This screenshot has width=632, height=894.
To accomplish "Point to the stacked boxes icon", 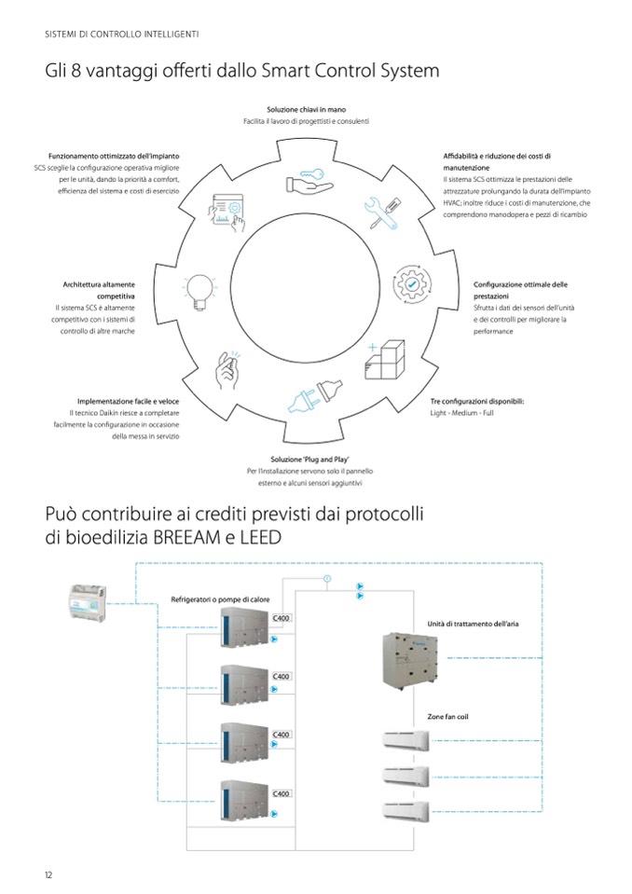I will coord(384,358).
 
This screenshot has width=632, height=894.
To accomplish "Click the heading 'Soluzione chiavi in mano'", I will coord(307,110).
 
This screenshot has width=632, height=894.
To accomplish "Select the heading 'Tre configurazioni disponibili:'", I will coord(476,400).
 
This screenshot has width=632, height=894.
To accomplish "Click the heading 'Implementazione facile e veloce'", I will coord(128,400).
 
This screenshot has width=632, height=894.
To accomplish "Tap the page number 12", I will coord(48,874).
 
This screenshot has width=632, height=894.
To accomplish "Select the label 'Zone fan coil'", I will coord(447,716).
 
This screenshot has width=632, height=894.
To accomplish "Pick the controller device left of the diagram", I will coord(85,600).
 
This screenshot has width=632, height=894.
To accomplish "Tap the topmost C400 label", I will coord(282,618).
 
